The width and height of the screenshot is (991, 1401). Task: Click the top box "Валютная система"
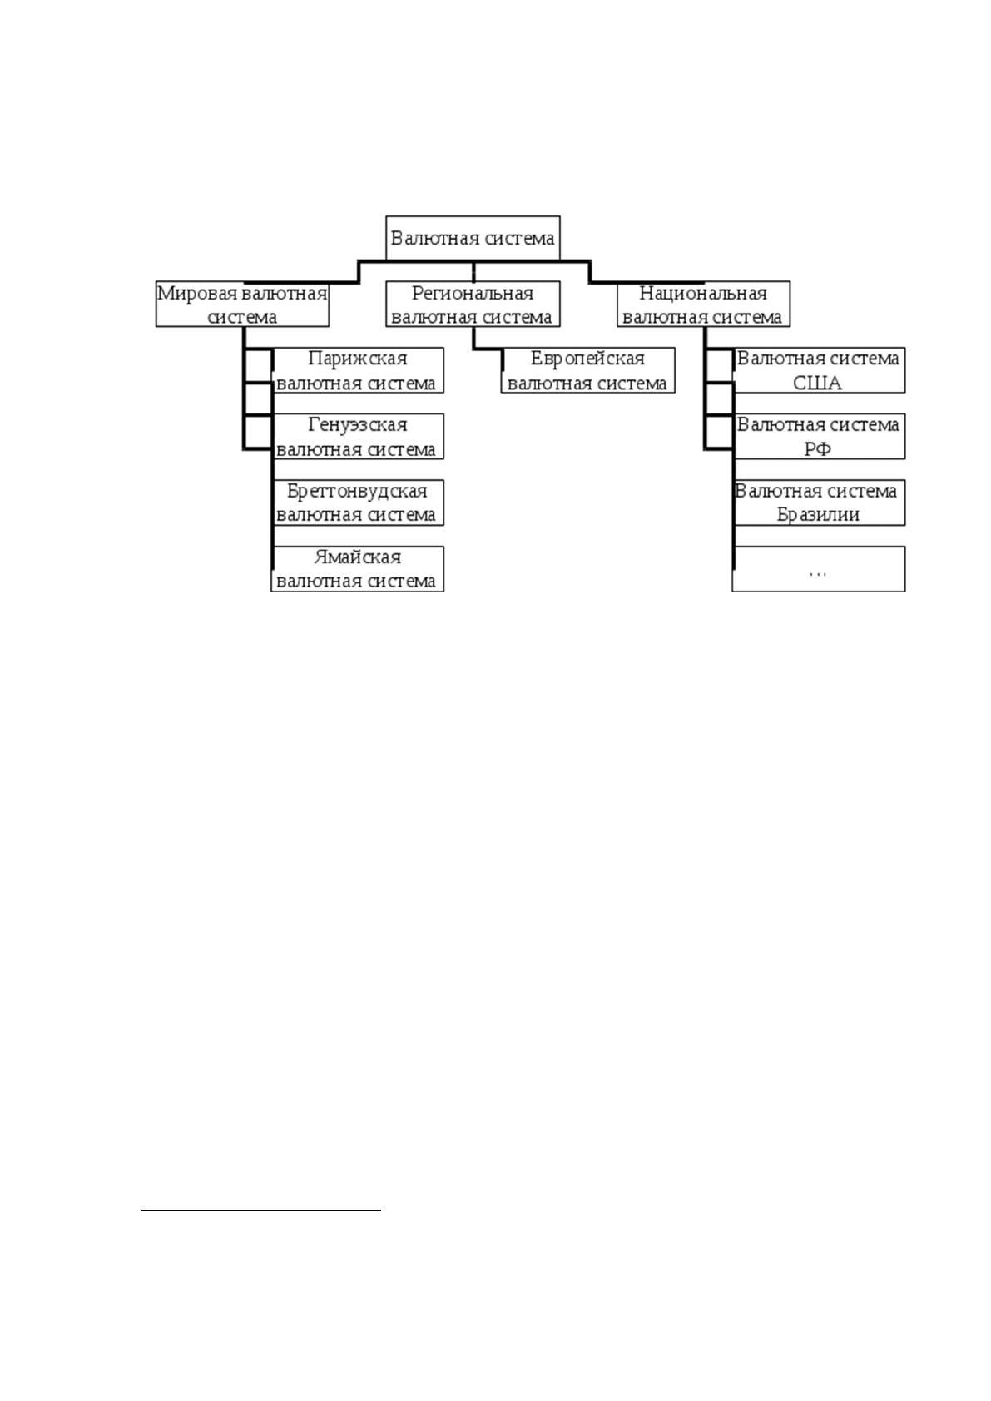click(x=473, y=238)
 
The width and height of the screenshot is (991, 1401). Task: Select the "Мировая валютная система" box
click(x=242, y=304)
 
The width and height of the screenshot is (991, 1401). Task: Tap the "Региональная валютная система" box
click(x=473, y=304)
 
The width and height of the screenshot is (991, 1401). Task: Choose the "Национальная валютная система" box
click(x=703, y=304)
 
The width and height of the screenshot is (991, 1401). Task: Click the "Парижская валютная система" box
click(x=357, y=370)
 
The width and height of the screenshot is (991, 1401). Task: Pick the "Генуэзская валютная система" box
click(x=357, y=437)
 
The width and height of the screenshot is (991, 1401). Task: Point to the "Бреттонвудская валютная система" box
click(x=357, y=502)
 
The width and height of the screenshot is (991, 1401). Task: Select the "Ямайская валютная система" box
click(x=357, y=569)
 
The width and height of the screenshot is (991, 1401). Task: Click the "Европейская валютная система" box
click(x=588, y=370)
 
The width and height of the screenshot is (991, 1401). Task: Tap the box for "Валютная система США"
click(x=818, y=370)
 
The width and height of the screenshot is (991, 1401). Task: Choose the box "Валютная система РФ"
click(x=818, y=437)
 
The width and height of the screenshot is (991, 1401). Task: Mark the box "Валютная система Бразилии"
click(x=818, y=502)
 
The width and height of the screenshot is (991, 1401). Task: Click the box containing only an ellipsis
click(x=818, y=569)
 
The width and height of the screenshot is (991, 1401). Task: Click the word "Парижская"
click(x=357, y=359)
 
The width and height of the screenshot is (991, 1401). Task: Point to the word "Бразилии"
click(x=818, y=515)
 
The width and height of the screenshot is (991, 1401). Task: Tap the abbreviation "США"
click(x=818, y=383)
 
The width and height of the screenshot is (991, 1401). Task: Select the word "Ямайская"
click(x=357, y=557)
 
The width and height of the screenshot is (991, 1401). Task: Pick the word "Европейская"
click(x=587, y=359)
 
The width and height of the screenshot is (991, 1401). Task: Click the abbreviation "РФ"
click(x=818, y=448)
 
